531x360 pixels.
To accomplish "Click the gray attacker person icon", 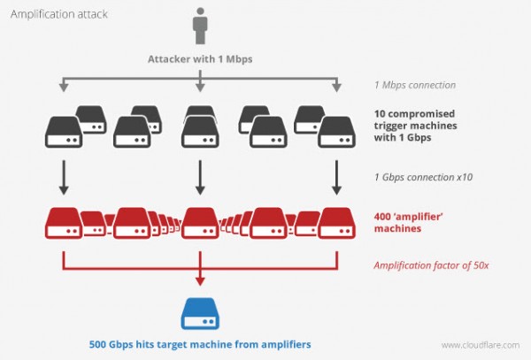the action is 200,26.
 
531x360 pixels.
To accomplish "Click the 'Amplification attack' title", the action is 59,14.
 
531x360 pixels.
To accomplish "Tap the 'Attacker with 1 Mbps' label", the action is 200,59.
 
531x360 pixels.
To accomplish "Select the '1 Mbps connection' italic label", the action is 415,85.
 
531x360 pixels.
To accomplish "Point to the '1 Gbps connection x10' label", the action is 423,177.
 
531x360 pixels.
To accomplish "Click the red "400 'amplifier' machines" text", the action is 409,222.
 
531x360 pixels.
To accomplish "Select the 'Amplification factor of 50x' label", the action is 431,265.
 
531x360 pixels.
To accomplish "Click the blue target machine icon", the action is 200,314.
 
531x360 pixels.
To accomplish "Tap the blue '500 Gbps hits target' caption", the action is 200,344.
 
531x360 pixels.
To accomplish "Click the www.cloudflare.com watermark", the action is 481,345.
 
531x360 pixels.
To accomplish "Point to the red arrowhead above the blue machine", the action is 200,281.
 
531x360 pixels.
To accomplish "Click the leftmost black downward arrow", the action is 64,177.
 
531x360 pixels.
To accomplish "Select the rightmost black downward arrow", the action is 336,177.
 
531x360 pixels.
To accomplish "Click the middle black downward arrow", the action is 200,177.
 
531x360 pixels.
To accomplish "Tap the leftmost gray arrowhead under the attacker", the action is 64,88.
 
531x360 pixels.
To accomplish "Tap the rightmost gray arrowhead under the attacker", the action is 336,88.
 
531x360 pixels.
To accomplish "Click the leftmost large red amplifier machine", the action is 64,223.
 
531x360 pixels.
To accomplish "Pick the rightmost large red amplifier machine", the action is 336,223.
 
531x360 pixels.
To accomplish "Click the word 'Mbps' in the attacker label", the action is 239,59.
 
